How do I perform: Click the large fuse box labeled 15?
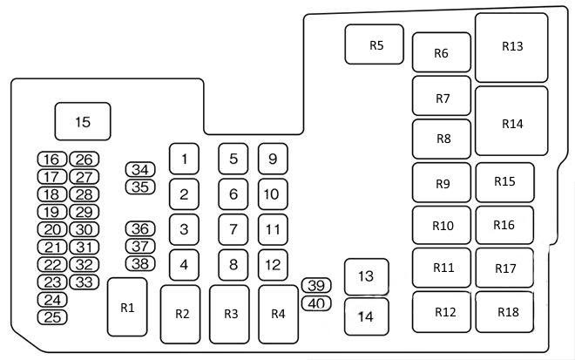click(84, 122)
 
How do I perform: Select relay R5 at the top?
click(375, 44)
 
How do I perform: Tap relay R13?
click(511, 47)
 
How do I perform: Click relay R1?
click(127, 307)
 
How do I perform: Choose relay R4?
click(278, 314)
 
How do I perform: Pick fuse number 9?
click(273, 159)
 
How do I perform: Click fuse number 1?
click(184, 159)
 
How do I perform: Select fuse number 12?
click(273, 264)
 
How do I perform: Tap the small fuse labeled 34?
click(139, 169)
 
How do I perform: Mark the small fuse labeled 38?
click(139, 263)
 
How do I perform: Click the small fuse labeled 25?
click(53, 316)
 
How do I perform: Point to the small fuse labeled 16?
click(53, 160)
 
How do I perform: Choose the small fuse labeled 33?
click(84, 282)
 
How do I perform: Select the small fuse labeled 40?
click(316, 303)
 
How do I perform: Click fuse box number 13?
click(366, 276)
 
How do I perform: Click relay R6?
click(441, 53)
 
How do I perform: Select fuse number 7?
click(233, 229)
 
